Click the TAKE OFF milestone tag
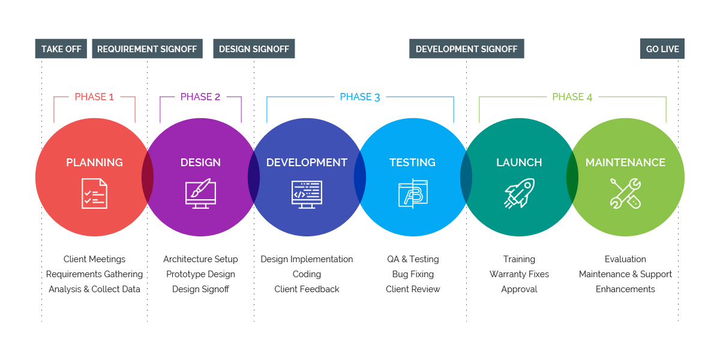[61, 49]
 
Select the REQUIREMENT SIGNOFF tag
[147, 49]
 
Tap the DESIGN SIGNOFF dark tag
[254, 49]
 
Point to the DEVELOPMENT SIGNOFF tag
[466, 49]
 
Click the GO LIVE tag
[662, 49]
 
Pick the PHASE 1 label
[94, 97]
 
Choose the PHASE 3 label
[360, 97]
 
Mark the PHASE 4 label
[572, 97]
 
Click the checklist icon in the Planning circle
[94, 193]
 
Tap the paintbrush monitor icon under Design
[200, 193]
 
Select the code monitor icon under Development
[307, 193]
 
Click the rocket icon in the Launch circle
[519, 193]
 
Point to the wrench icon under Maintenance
[625, 193]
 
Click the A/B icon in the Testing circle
[413, 193]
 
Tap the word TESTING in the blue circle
[412, 163]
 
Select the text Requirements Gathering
[95, 274]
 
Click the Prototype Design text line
[200, 274]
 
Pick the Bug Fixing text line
[413, 274]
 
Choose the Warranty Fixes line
[519, 274]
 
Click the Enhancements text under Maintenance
[625, 289]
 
